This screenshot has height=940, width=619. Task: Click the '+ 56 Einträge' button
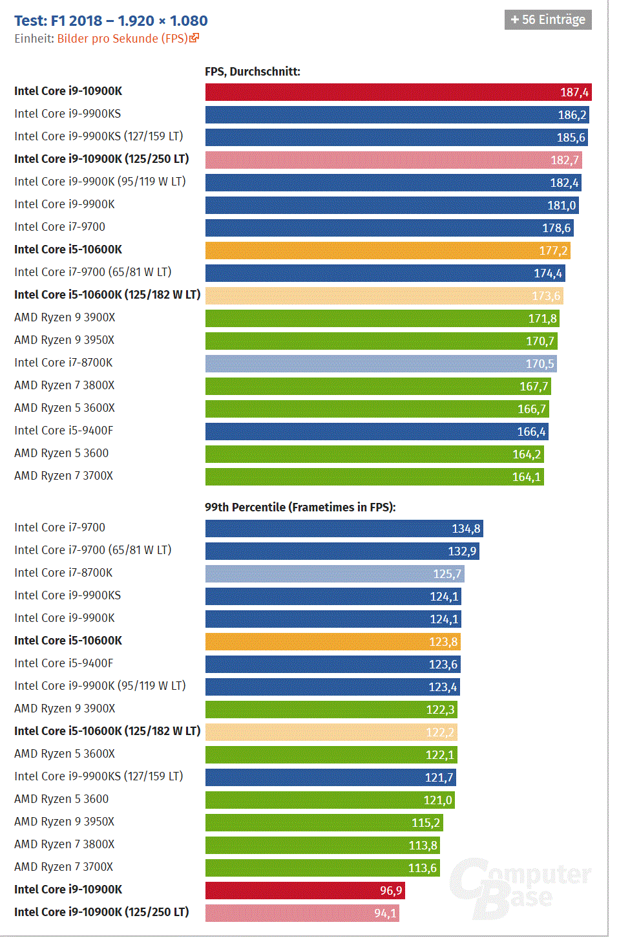[x=548, y=19]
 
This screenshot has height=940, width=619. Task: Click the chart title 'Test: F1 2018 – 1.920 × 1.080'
[x=110, y=21]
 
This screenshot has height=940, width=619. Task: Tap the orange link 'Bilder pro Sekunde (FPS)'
[x=122, y=39]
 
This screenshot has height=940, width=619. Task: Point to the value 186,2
[x=572, y=115]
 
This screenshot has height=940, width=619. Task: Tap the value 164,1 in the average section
[x=526, y=477]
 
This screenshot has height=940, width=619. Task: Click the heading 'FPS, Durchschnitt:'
[x=253, y=72]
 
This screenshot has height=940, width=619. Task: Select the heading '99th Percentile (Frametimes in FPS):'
[x=300, y=507]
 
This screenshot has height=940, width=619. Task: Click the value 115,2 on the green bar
[x=425, y=823]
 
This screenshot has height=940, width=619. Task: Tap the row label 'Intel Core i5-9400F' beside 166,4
[x=63, y=431]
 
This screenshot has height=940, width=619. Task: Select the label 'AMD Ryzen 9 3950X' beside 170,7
[x=64, y=340]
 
